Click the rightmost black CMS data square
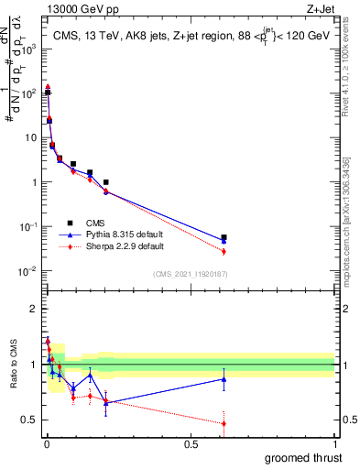(x=224, y=237)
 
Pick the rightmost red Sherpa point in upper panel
(x=224, y=251)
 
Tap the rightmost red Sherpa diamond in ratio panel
(x=224, y=423)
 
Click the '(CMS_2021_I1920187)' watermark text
(x=191, y=273)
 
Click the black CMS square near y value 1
(x=106, y=182)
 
